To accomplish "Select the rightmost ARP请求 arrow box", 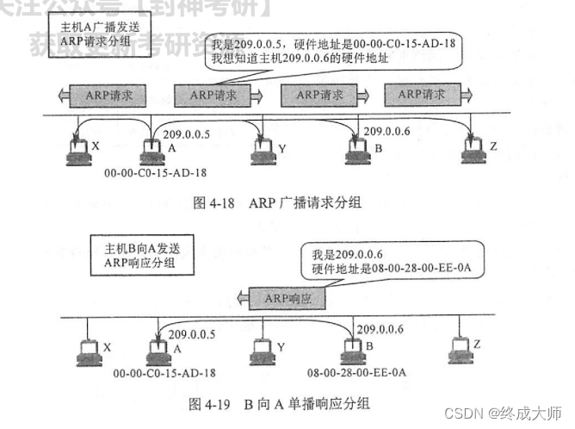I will (x=423, y=94).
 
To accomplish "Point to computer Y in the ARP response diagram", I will (x=260, y=351).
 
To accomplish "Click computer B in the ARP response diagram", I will (x=351, y=351).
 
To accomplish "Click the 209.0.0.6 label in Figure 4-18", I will (x=388, y=131).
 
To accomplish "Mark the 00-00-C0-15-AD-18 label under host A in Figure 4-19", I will (x=159, y=373).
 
